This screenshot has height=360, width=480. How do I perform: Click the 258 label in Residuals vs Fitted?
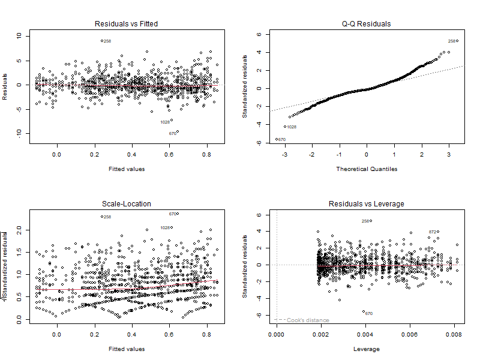(x=107, y=41)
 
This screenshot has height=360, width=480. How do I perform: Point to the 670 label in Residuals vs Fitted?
(x=172, y=133)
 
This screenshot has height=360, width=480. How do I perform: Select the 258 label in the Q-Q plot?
(x=452, y=41)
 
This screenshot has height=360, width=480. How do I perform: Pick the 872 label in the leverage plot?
(x=433, y=232)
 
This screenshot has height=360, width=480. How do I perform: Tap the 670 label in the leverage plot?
(x=369, y=313)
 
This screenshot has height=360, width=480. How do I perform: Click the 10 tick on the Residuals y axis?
(x=19, y=36)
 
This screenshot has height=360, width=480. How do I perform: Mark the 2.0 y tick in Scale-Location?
(x=19, y=230)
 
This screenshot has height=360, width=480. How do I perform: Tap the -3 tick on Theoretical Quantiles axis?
(x=284, y=153)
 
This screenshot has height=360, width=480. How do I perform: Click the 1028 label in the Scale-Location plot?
(x=166, y=227)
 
